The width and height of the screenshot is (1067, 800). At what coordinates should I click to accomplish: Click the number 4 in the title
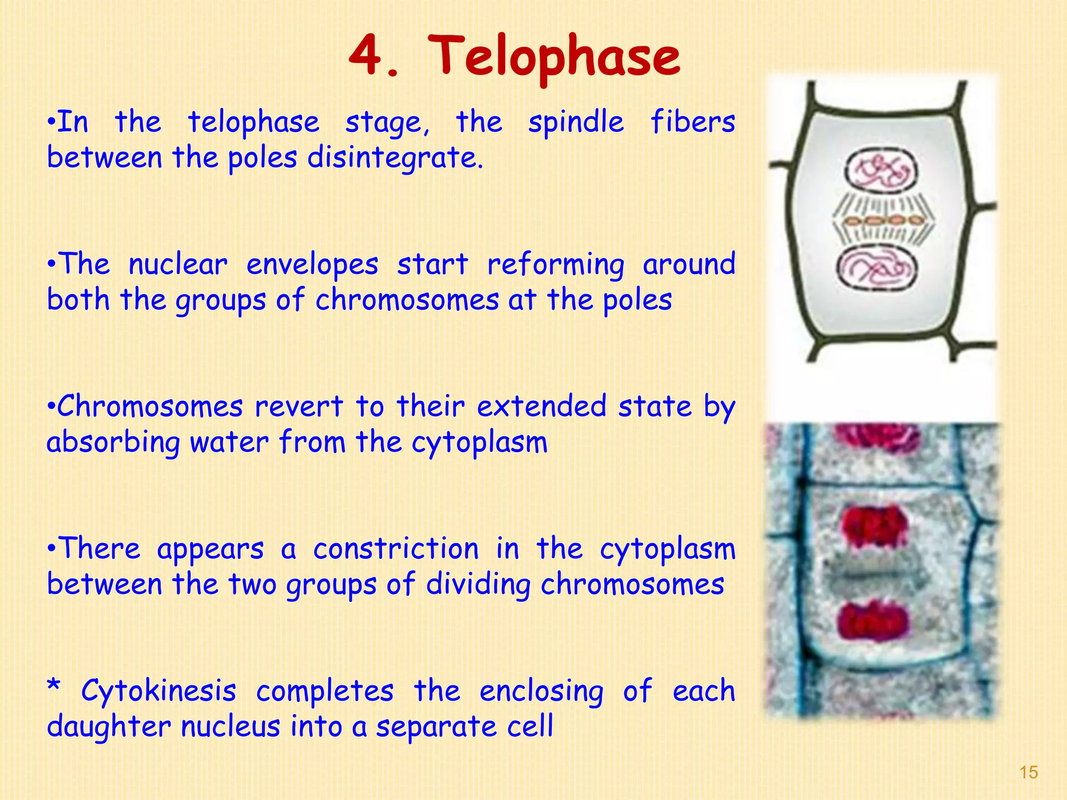[x=367, y=56]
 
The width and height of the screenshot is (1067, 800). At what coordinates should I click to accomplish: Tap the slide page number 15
[x=1028, y=772]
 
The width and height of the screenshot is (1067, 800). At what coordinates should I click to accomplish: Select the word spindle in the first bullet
[x=576, y=123]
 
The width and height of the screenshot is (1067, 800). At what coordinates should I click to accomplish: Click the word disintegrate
[x=395, y=158]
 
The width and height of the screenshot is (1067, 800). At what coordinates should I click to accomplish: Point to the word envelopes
[x=312, y=265]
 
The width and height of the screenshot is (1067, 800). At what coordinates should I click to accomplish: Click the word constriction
[x=396, y=549]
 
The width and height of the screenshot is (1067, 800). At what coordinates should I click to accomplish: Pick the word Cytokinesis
[x=159, y=692]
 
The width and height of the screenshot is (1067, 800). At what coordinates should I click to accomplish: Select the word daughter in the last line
[x=108, y=727]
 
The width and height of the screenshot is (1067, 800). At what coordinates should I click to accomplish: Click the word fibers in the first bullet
[x=692, y=123]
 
